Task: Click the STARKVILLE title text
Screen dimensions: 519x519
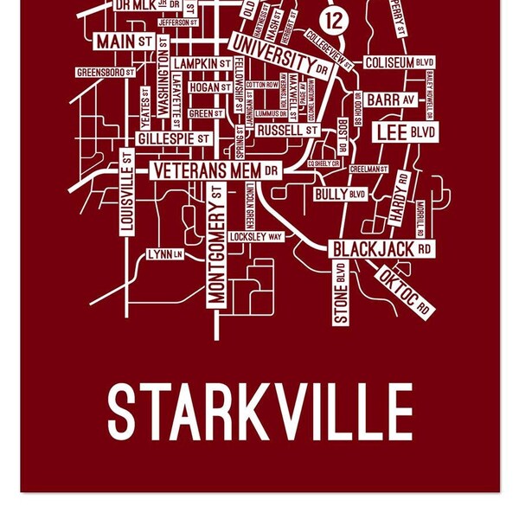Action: coord(260,412)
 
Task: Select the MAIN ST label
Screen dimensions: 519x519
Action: coord(125,42)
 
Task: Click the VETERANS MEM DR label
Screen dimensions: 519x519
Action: coord(215,170)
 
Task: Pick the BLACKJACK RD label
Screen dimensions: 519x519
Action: coord(381,249)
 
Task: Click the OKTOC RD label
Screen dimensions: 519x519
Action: coord(405,292)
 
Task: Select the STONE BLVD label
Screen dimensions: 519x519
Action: coord(341,292)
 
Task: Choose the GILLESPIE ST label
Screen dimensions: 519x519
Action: coord(173,138)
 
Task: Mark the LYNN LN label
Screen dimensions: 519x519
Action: coord(165,254)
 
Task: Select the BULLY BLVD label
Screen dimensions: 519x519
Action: coord(340,195)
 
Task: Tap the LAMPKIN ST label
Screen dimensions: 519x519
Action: coord(202,64)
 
